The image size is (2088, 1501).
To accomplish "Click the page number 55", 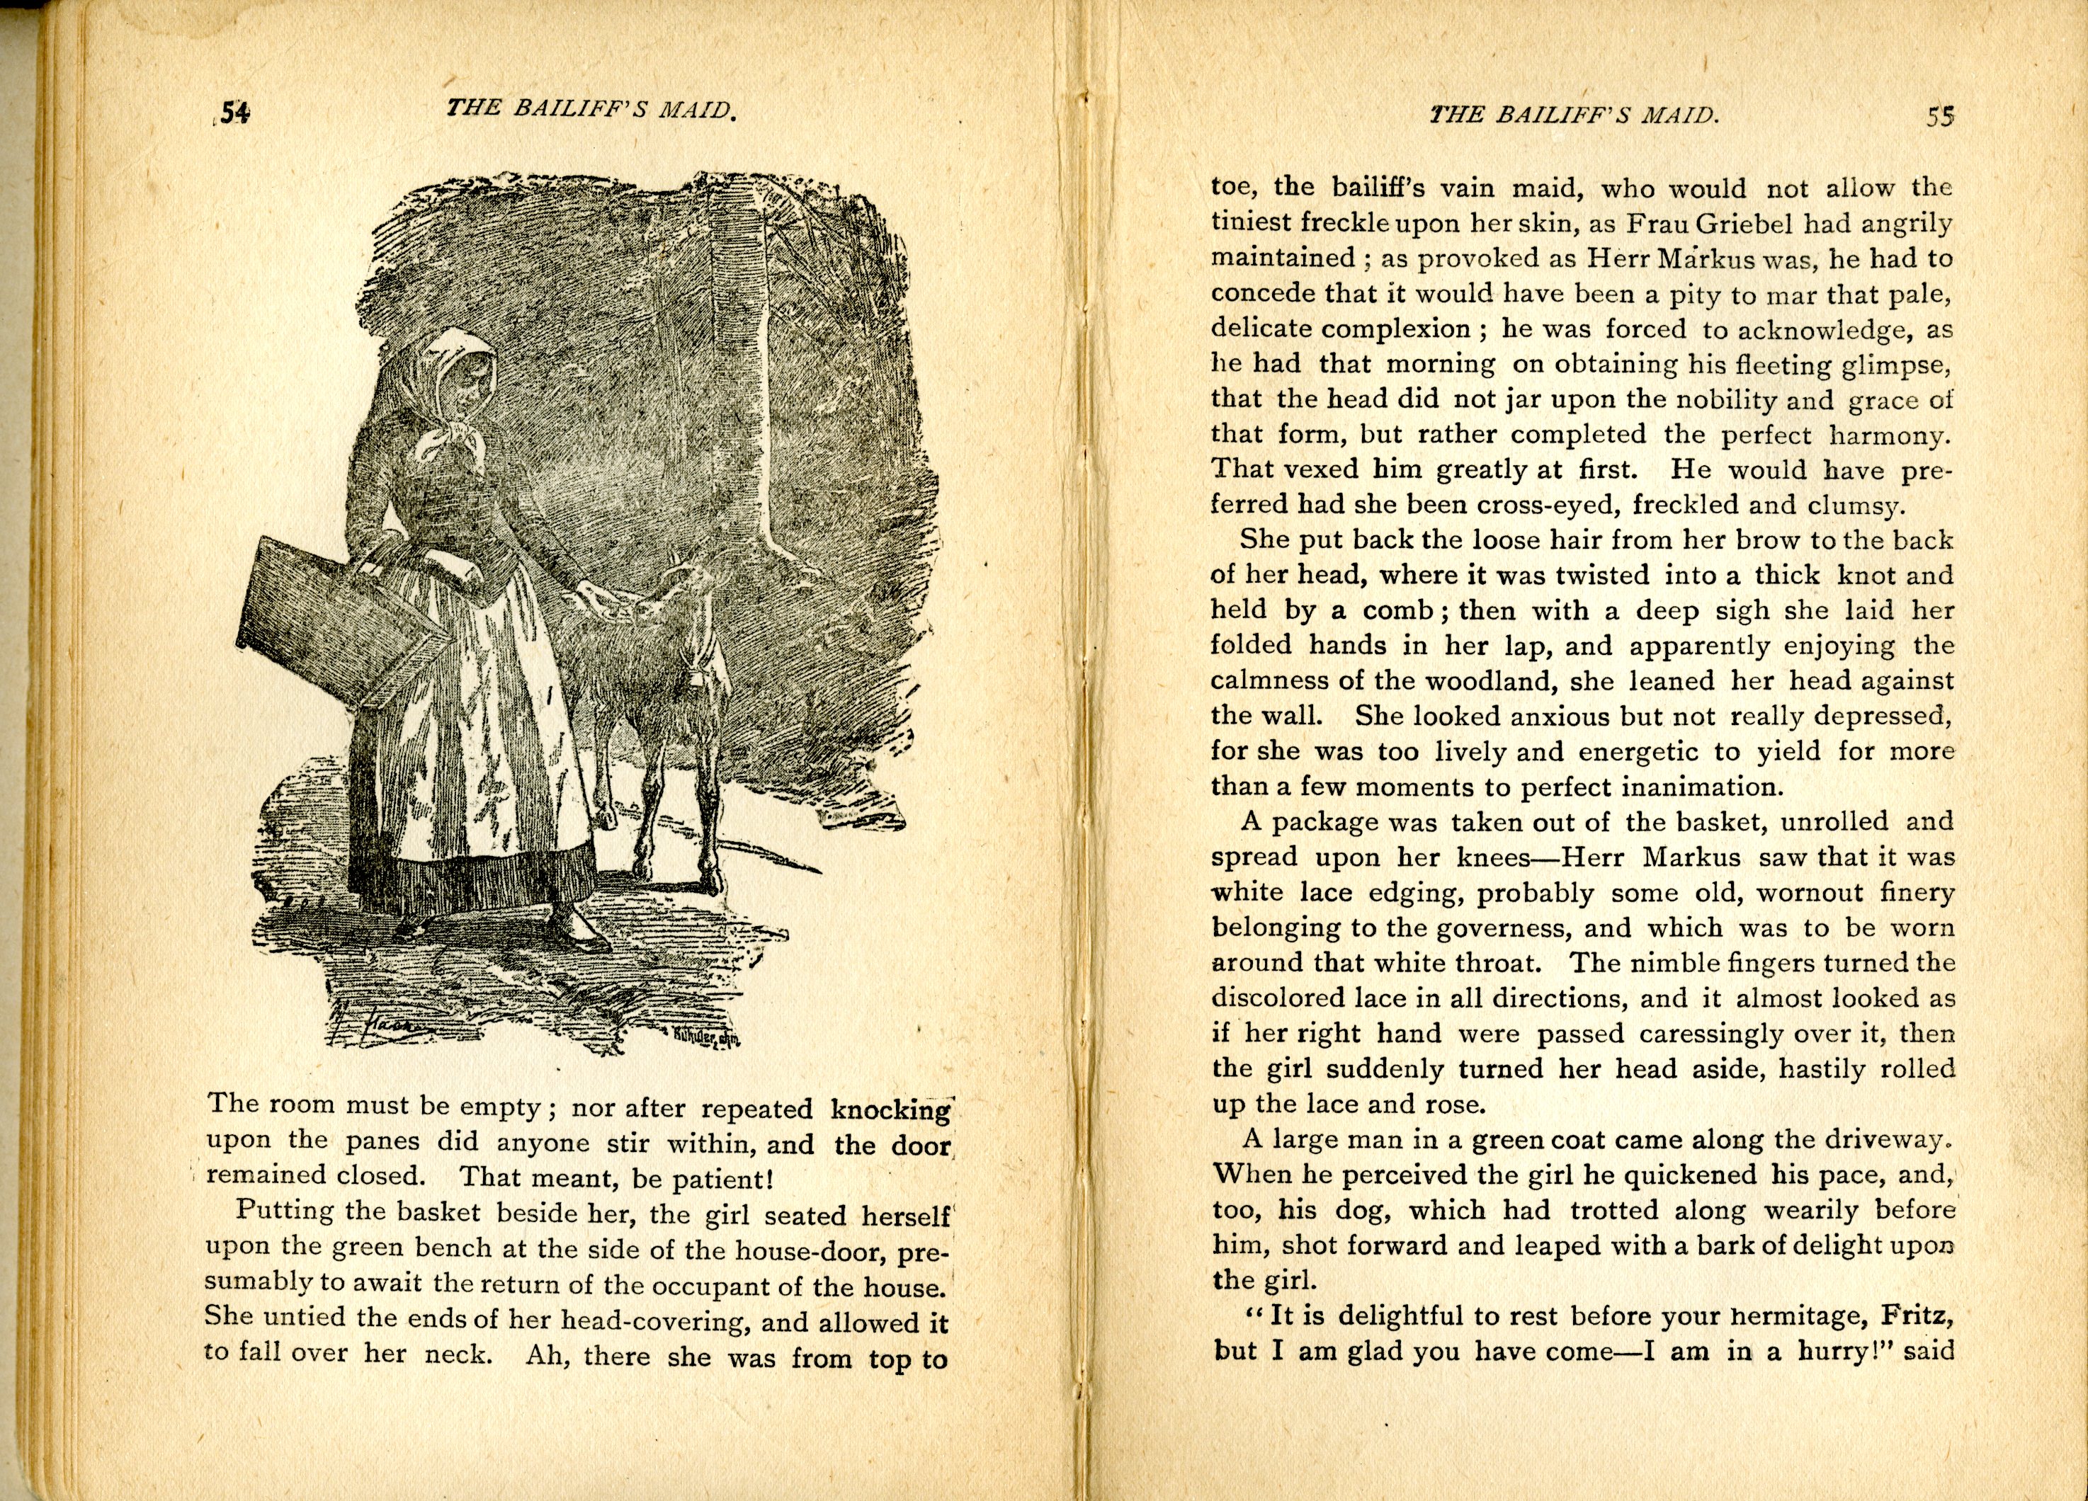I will point(1940,117).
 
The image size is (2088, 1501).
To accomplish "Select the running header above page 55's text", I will point(1575,115).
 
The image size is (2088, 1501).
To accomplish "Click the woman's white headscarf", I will point(452,387).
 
